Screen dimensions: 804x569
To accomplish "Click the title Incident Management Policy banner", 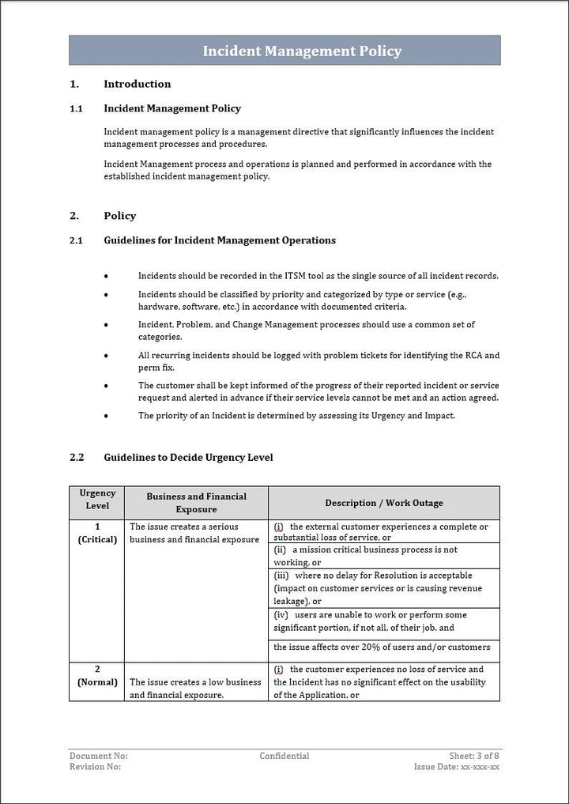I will [302, 51].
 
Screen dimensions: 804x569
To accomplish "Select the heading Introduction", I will [137, 84].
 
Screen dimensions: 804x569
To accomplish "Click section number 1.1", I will [76, 108].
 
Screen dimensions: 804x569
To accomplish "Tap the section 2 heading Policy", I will [119, 216].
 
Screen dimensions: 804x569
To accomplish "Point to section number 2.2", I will [76, 458].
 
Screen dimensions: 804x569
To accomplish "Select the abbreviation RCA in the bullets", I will [470, 356].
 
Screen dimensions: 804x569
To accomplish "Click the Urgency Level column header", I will [97, 499].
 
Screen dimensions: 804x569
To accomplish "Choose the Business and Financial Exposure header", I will [196, 503].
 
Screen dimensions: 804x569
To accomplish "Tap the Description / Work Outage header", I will [383, 503].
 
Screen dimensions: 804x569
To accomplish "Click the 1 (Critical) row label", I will [97, 533].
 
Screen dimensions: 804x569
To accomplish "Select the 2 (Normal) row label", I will [97, 675].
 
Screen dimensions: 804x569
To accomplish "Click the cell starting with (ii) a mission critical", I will [383, 556].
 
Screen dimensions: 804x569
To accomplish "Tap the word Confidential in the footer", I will [284, 756].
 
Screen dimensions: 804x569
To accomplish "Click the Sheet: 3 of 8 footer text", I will [474, 756].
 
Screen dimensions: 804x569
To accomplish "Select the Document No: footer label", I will [98, 756].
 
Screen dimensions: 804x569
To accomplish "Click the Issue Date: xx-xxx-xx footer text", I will [456, 767].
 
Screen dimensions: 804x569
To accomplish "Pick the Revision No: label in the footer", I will [95, 767].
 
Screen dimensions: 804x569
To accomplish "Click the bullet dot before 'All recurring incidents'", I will [107, 357].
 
